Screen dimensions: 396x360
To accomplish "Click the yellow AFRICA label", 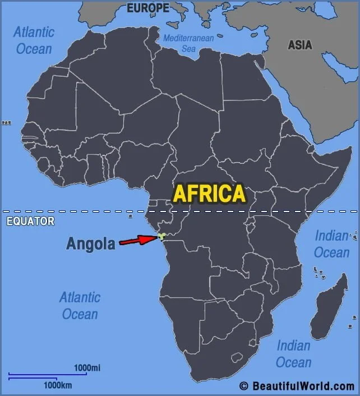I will (x=209, y=194).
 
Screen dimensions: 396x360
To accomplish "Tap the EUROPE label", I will (x=147, y=8).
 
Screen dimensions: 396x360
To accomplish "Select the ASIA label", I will (x=301, y=45).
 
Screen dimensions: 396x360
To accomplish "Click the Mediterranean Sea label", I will (x=189, y=43).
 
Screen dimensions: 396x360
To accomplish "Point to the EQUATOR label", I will (x=30, y=221).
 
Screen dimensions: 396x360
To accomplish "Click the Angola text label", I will (x=91, y=243).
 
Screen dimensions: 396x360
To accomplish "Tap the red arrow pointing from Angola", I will (x=137, y=240).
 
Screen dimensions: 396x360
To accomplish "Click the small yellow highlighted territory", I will (x=161, y=237).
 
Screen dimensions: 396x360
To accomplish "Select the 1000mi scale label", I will (x=87, y=368).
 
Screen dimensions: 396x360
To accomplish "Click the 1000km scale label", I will (x=58, y=385).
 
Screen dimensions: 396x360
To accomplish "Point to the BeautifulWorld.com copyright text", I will (x=297, y=386).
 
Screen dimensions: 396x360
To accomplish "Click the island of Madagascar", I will (x=329, y=306).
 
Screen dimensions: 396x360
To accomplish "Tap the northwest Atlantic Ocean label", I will (x=34, y=40).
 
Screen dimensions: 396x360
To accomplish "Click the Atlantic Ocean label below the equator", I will (x=80, y=305).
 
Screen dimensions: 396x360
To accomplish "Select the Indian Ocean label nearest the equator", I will (x=331, y=244).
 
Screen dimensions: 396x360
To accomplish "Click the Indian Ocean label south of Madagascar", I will (x=293, y=353).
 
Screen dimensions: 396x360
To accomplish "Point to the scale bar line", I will (x=48, y=374).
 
